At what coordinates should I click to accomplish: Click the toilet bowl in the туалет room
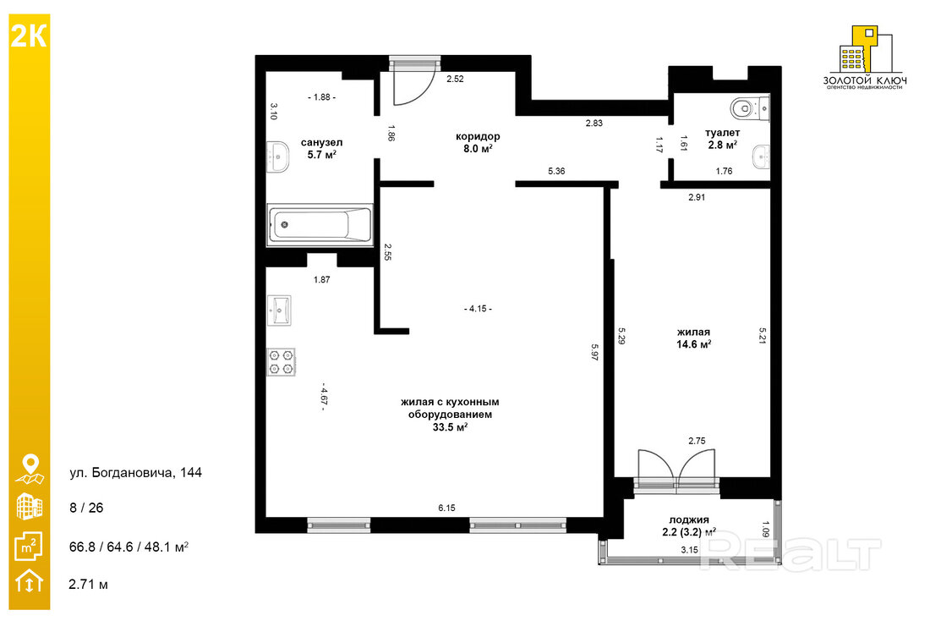750,108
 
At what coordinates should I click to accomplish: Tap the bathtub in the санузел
320,224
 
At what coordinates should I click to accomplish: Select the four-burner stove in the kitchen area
281,362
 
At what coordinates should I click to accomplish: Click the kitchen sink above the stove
279,310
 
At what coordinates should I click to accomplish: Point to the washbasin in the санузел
277,157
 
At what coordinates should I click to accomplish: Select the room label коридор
478,136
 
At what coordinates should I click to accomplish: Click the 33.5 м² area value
450,427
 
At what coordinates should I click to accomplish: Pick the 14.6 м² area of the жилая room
693,343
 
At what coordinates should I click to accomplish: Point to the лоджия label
688,519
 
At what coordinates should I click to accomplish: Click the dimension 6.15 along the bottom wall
446,508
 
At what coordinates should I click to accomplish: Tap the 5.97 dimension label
595,352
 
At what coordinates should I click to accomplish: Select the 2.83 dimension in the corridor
594,123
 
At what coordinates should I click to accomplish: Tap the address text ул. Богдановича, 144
136,473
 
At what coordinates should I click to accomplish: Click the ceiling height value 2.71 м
89,584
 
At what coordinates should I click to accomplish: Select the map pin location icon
30,469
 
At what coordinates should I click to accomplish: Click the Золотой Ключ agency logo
865,58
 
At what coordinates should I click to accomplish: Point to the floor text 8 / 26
86,508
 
